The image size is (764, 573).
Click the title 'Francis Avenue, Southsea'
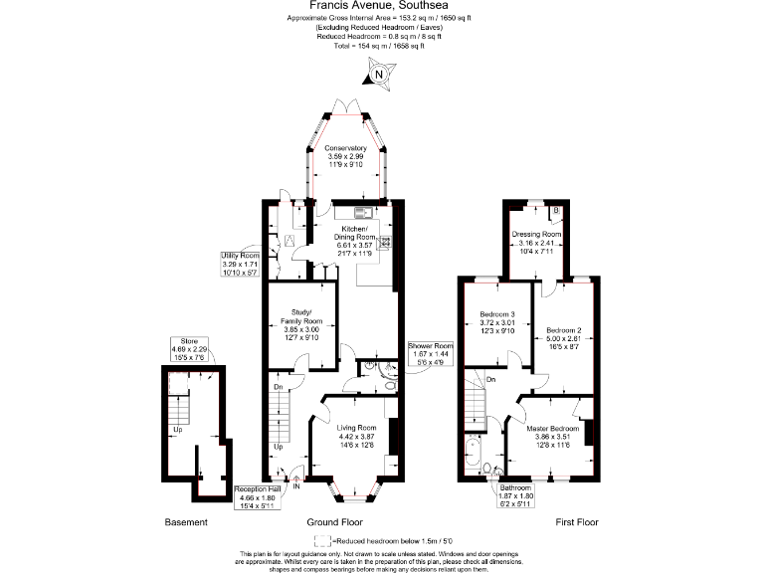(x=381, y=5)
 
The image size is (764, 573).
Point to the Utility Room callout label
(x=240, y=264)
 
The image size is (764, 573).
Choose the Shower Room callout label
(x=430, y=352)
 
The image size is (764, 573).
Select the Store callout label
(x=189, y=349)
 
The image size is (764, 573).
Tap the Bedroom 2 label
(x=564, y=336)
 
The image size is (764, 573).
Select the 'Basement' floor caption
(x=186, y=523)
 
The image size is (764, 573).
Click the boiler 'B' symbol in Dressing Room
(x=555, y=211)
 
